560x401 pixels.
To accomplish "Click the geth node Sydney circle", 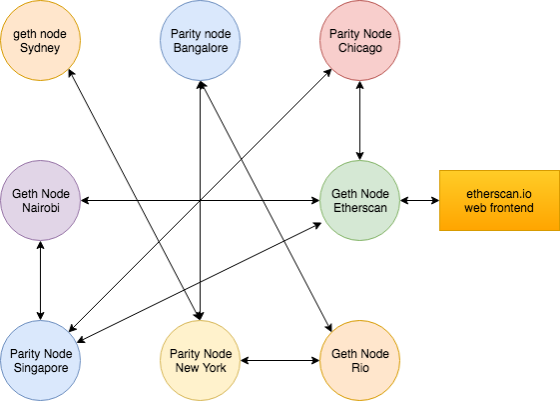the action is coord(40,40).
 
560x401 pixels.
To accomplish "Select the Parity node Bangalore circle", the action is coord(200,40).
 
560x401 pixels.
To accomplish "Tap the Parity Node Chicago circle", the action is coord(360,40).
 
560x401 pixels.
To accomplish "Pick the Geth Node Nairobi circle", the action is coord(40,200).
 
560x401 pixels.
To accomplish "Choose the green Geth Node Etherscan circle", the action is coord(360,200).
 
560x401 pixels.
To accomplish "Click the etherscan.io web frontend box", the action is coord(499,200).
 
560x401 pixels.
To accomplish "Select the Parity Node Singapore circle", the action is coord(40,361).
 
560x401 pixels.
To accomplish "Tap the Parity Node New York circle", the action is coord(200,361).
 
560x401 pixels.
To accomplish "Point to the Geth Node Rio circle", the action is coord(360,361).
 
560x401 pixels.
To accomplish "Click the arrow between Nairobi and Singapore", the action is coord(40,280).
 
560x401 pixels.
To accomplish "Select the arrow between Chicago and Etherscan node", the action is coord(360,120).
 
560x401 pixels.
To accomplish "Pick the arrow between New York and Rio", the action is coord(280,361).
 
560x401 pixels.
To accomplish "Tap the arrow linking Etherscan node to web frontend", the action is coord(419,200).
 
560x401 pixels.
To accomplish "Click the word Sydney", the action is coord(40,48).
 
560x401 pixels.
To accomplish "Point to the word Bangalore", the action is coord(201,48).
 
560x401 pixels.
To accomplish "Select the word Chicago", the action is coord(360,48).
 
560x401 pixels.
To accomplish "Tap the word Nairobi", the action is coord(41,207).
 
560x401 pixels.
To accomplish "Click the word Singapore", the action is coord(41,368).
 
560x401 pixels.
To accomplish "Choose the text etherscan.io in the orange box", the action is coord(499,194).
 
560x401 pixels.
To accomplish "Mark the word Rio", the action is coord(360,368).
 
